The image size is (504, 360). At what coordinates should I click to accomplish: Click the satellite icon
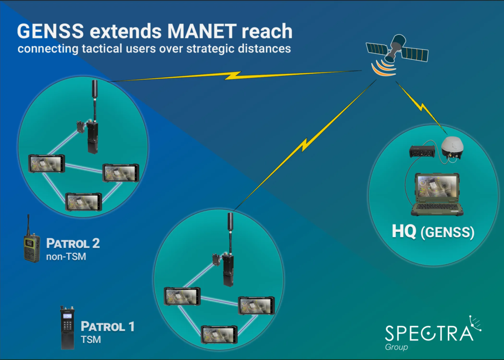pos(397,49)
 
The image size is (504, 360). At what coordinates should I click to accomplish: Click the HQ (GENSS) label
pos(433,232)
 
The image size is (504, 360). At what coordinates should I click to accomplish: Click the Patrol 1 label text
pos(107,326)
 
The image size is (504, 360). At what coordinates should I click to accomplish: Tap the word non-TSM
pos(66,256)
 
